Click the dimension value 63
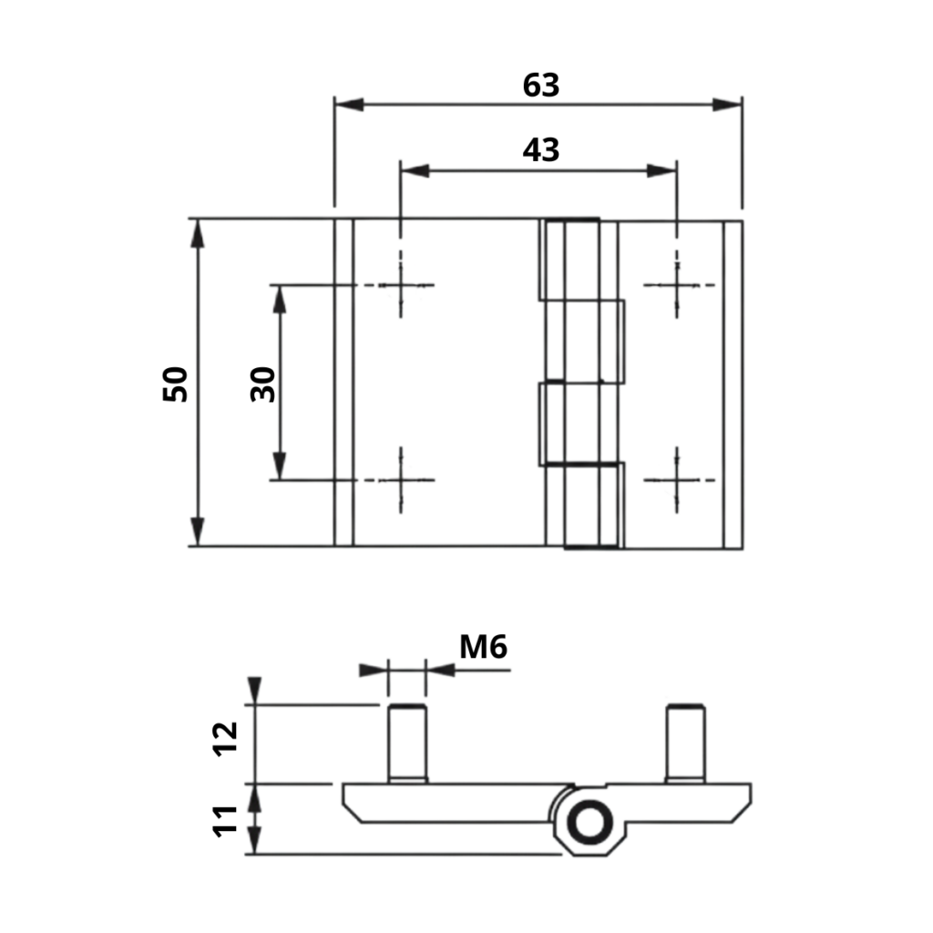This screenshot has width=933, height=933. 540,85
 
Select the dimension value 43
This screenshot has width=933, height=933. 540,149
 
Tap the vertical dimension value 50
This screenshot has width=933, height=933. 175,384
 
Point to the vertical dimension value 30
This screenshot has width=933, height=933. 262,384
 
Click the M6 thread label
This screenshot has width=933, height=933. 483,647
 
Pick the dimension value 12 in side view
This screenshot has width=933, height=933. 225,737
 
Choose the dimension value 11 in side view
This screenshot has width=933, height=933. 225,818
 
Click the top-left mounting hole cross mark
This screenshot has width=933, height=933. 400,285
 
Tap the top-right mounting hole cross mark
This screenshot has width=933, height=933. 676,285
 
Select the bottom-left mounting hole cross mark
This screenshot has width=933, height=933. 400,479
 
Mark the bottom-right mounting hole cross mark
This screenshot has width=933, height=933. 676,479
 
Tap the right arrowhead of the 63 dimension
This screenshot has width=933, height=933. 728,105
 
